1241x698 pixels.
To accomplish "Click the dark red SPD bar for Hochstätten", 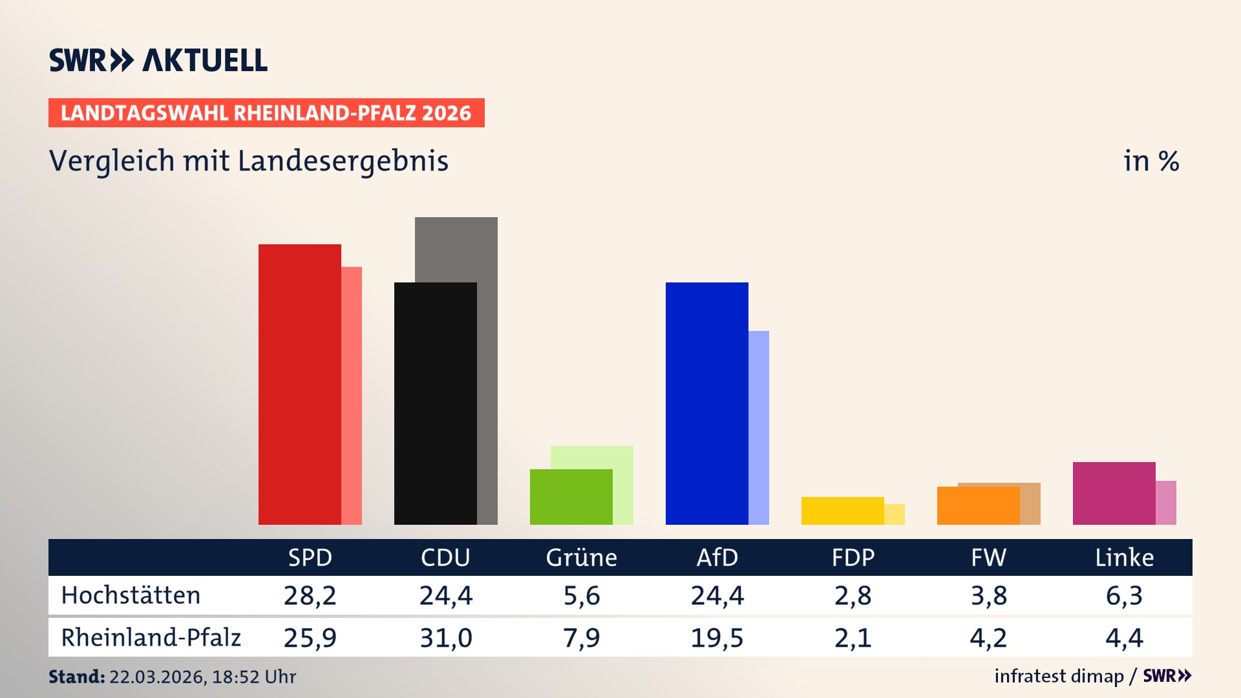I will (x=299, y=385).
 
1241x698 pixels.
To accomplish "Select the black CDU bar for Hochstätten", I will (x=435, y=404).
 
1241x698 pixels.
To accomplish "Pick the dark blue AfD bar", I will (x=706, y=404).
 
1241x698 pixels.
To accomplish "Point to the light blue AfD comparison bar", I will (x=759, y=427).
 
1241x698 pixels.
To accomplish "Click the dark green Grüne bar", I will (x=571, y=496).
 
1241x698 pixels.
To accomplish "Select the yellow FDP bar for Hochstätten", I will (x=842, y=511).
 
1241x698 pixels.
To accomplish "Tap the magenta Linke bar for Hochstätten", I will (x=1114, y=493).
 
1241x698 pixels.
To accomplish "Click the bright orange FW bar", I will (x=978, y=505).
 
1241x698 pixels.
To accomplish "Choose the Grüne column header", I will (x=581, y=557).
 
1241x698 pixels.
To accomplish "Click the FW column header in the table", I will (x=988, y=557).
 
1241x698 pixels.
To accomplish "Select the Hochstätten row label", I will (x=131, y=595).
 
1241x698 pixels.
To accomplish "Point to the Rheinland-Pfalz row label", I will (x=151, y=638).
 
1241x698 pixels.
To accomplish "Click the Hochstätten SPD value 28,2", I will (x=310, y=595).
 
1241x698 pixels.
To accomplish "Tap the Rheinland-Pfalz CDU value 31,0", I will (x=445, y=638).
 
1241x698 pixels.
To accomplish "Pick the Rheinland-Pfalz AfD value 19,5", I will (x=717, y=638).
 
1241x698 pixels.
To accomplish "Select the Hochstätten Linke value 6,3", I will (x=1124, y=595).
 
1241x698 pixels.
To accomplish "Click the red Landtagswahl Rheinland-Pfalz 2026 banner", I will (x=266, y=113).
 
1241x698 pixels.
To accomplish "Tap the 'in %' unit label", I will (x=1151, y=161).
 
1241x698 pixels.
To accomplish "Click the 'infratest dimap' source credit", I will (x=1059, y=676).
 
